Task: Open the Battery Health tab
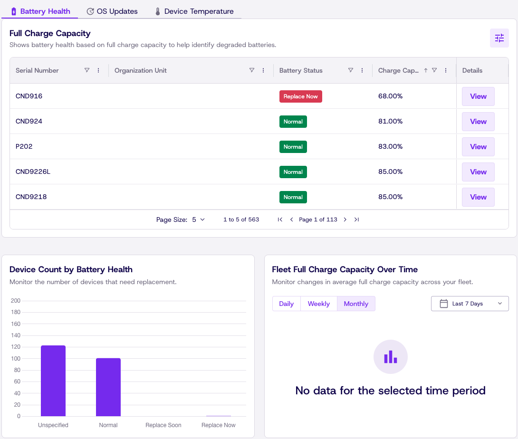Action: click(40, 11)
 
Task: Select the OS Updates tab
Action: click(112, 11)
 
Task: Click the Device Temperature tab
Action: click(194, 11)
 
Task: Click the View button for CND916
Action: click(478, 96)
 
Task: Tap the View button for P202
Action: click(478, 147)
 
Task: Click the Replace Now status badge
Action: click(301, 96)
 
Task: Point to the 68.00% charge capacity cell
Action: click(390, 96)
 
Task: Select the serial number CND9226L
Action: click(33, 172)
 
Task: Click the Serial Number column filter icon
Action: click(87, 70)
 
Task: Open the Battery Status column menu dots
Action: click(362, 70)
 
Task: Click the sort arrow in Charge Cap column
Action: click(425, 70)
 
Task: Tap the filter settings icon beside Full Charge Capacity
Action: click(499, 38)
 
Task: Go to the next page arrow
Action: click(345, 219)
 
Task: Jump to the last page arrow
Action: click(356, 219)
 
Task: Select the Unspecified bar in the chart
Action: click(53, 381)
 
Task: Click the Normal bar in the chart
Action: click(108, 387)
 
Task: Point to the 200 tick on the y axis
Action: click(16, 301)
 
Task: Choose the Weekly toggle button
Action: click(319, 304)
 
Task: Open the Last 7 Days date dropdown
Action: click(470, 304)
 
